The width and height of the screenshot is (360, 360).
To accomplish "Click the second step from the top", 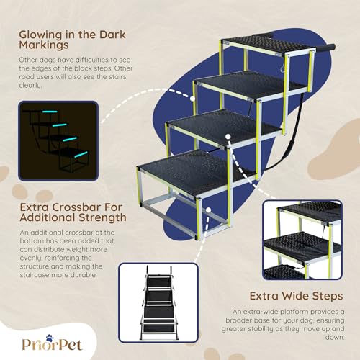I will pos(248,84).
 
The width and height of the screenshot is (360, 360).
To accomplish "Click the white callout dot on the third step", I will pos(227,135).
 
